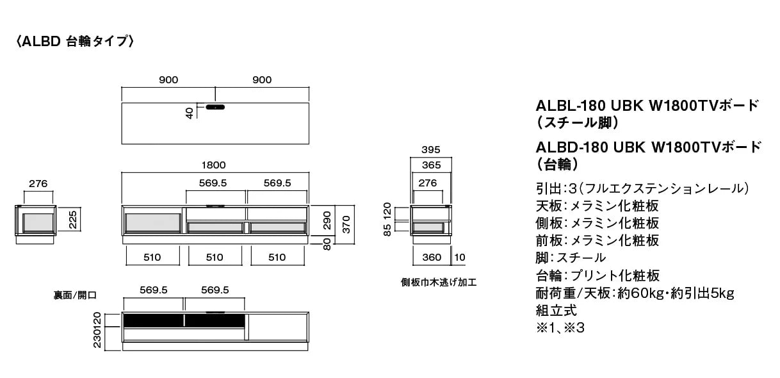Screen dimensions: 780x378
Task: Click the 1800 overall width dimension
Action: (213, 165)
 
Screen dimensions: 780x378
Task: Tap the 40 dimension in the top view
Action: (190, 113)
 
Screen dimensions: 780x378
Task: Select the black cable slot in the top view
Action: (215, 107)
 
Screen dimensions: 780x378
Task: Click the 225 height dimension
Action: (73, 220)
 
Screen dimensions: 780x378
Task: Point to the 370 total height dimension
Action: (346, 224)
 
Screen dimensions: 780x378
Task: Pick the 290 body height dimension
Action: (327, 220)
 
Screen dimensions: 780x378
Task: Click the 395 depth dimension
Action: (431, 150)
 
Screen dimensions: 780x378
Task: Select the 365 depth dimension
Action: (431, 165)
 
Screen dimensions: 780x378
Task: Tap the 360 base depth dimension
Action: (432, 258)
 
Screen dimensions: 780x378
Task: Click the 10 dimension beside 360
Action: (460, 258)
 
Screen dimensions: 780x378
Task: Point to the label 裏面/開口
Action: (75, 295)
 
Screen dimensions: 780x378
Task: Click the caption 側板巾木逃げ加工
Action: (439, 282)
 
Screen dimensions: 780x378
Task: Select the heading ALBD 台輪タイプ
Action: (75, 42)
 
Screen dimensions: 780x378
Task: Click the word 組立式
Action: (556, 311)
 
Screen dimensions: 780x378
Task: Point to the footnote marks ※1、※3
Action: (560, 328)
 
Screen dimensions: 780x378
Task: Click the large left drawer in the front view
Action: (153, 223)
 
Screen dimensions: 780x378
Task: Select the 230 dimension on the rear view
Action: (97, 339)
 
